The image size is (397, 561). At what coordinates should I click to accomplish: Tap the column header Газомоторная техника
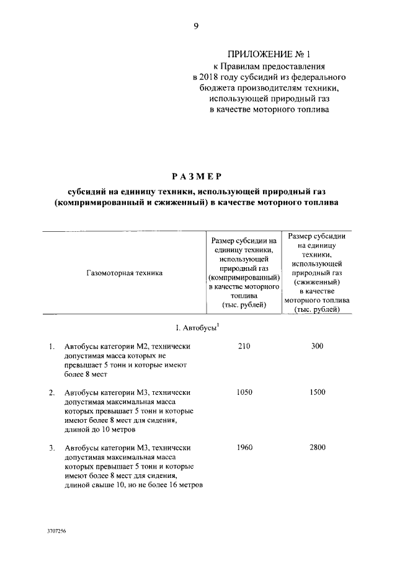(x=120, y=272)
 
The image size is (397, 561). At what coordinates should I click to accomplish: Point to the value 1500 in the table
(x=317, y=392)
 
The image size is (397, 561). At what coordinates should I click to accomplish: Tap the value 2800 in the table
(x=317, y=448)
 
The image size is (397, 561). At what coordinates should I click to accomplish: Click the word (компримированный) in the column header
(x=244, y=278)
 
